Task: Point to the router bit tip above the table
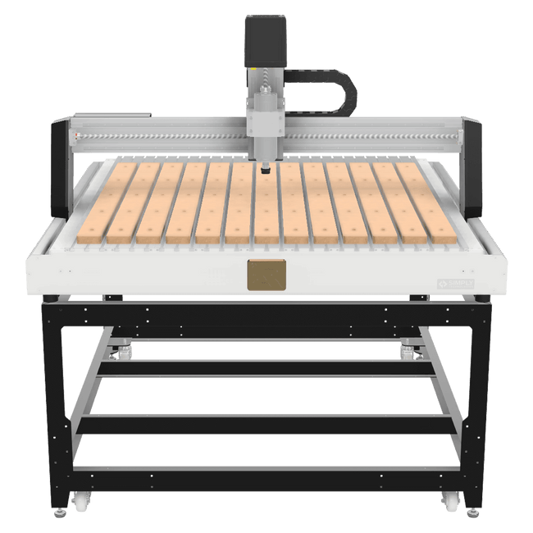tap(265, 172)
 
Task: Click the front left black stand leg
tap(58, 402)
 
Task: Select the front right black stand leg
tap(475, 402)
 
